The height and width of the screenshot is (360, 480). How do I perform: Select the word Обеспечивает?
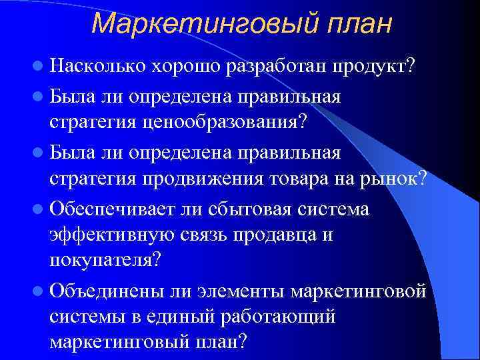(116, 209)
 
